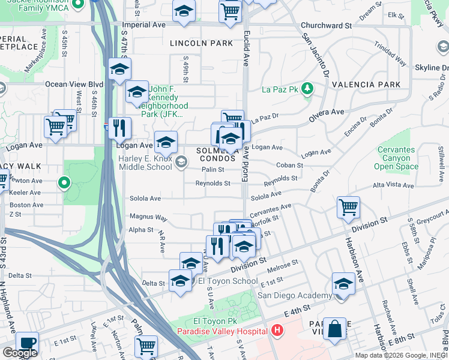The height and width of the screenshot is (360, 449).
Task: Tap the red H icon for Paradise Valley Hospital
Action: click(x=276, y=331)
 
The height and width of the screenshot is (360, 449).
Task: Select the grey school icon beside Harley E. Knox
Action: click(x=181, y=161)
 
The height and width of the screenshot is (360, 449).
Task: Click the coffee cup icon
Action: click(x=27, y=343)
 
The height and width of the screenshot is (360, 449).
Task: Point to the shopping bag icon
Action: click(x=334, y=328)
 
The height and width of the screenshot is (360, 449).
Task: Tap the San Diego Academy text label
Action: click(x=294, y=295)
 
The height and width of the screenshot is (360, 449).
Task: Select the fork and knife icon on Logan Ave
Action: click(x=119, y=127)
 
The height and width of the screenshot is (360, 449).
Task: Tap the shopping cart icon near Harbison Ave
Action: click(x=348, y=207)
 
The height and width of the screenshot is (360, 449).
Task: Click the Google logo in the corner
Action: click(x=20, y=352)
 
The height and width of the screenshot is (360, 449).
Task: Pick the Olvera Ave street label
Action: click(x=328, y=112)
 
